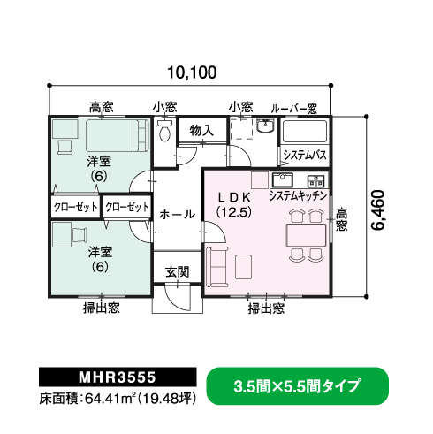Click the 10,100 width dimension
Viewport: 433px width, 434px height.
(x=192, y=72)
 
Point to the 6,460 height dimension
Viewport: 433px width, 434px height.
(x=378, y=210)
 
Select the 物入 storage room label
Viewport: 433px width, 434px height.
(x=201, y=130)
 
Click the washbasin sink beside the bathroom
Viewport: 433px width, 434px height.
(x=265, y=126)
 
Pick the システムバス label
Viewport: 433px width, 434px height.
(x=305, y=155)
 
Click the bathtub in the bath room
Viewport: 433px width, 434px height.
(x=305, y=131)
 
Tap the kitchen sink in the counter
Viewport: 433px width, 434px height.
(x=282, y=180)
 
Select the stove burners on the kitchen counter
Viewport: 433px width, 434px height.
(x=315, y=181)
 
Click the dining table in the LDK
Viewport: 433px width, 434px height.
(x=307, y=235)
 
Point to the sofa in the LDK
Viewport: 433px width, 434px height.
(x=217, y=266)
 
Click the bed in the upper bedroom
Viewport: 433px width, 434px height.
(x=118, y=135)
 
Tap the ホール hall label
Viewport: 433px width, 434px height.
(x=178, y=214)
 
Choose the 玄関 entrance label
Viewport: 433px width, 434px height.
(x=177, y=271)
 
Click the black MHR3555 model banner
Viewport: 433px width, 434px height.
(x=118, y=377)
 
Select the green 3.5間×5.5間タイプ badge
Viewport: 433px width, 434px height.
(x=298, y=386)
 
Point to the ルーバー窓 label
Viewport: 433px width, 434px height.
(x=294, y=109)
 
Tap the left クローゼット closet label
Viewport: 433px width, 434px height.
(x=76, y=207)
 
